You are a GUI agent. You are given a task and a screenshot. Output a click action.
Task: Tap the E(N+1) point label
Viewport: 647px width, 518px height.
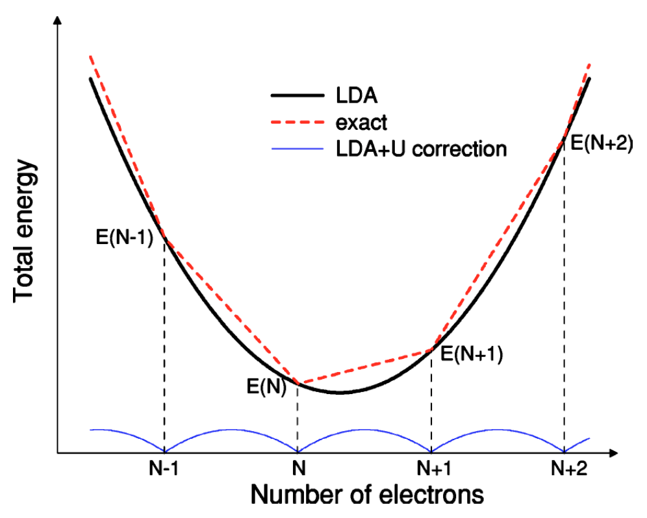click(472, 354)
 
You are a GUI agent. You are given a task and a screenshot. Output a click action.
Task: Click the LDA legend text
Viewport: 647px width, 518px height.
click(357, 96)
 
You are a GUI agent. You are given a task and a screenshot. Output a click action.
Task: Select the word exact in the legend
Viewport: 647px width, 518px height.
click(362, 121)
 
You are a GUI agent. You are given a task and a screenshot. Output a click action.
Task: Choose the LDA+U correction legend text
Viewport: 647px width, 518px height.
click(421, 149)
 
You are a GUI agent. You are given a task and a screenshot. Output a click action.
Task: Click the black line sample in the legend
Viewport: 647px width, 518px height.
click(296, 96)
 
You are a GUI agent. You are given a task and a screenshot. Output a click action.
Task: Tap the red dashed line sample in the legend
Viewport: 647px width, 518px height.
click(296, 122)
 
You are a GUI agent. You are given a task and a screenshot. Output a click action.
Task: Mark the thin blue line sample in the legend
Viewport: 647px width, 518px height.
click(296, 149)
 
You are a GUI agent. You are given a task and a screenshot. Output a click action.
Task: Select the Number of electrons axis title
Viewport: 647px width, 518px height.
click(367, 495)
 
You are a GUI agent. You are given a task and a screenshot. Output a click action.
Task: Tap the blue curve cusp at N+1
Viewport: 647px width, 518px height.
click(431, 452)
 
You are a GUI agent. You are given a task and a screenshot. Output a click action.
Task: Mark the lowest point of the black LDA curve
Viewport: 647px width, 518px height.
click(339, 393)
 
